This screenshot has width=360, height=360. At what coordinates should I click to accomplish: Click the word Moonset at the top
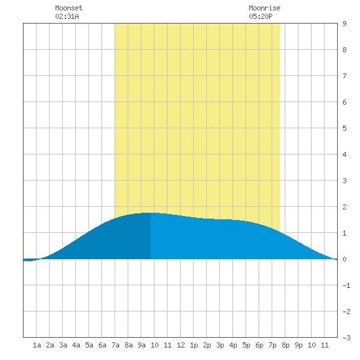pyautogui.click(x=69, y=8)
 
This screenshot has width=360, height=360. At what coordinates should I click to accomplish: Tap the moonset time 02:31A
pyautogui.click(x=67, y=16)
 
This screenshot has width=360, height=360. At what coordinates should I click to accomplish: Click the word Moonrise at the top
pyautogui.click(x=264, y=8)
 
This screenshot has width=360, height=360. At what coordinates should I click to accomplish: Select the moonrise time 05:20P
pyautogui.click(x=261, y=16)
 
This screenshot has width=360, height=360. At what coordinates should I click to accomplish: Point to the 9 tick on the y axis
pyautogui.click(x=344, y=24)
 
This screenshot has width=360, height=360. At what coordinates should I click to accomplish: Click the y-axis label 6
pyautogui.click(x=344, y=102)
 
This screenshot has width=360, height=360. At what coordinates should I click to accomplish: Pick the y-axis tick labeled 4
pyautogui.click(x=344, y=154)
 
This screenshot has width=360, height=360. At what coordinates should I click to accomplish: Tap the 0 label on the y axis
pyautogui.click(x=344, y=259)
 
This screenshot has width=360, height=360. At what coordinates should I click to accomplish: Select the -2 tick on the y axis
pyautogui.click(x=346, y=312)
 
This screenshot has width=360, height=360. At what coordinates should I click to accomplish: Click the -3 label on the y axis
pyautogui.click(x=346, y=338)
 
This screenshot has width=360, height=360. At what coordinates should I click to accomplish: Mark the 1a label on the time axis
pyautogui.click(x=37, y=345)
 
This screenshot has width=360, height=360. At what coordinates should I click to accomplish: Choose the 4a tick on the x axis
pyautogui.click(x=76, y=345)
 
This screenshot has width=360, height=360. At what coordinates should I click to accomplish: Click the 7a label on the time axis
pyautogui.click(x=115, y=345)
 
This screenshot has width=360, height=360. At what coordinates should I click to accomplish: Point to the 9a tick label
pyautogui.click(x=141, y=345)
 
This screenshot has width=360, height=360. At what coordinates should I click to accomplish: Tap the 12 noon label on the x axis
pyautogui.click(x=181, y=345)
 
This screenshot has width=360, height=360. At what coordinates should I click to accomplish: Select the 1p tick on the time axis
pyautogui.click(x=194, y=345)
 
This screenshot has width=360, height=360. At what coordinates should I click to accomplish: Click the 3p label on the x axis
pyautogui.click(x=220, y=345)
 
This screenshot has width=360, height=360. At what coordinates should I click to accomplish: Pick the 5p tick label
pyautogui.click(x=246, y=345)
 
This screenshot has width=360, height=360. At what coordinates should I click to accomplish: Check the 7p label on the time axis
pyautogui.click(x=272, y=345)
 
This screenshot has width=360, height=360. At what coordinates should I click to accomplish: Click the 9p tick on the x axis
pyautogui.click(x=298, y=345)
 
